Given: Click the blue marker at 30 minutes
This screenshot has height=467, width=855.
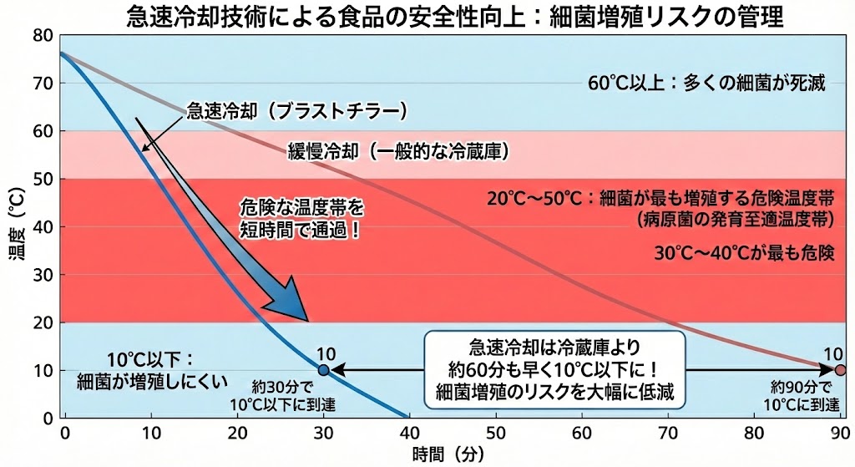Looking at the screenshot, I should [324, 370].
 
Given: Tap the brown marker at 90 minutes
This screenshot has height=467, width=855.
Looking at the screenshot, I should [840, 370].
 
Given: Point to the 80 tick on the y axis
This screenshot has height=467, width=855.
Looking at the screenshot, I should [42, 36].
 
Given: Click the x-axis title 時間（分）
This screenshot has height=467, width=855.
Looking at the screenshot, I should [449, 455].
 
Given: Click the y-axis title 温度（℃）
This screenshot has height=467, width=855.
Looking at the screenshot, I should [15, 227].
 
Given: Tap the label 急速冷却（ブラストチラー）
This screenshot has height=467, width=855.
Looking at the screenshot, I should [296, 110].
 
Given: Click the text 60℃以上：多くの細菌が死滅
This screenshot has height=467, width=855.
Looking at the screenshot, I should [706, 84].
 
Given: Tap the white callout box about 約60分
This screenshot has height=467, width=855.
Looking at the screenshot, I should [554, 369].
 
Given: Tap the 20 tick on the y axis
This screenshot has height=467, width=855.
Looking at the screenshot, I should [42, 322].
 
